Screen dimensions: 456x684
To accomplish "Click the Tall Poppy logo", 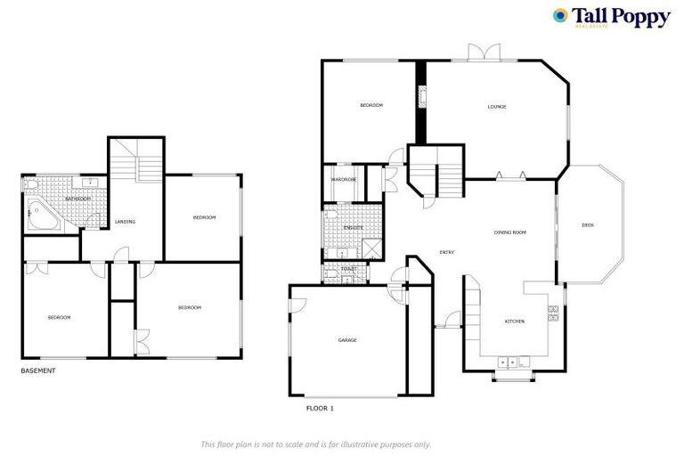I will [611, 18].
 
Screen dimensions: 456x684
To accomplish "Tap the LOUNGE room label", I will [496, 107].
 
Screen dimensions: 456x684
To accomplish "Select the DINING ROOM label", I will [510, 232].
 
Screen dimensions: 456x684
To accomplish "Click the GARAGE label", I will [346, 339].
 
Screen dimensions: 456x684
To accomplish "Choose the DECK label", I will [587, 224].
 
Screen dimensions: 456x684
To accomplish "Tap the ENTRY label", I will [447, 252].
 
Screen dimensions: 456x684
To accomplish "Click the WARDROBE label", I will [343, 179].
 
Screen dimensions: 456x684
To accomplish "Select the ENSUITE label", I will [353, 228].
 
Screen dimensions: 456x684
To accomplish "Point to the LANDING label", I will [125, 221].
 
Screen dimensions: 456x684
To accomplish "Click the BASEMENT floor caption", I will [37, 370].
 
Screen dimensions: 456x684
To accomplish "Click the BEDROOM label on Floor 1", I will [371, 105].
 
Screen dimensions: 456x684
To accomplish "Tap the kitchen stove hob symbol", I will [553, 312].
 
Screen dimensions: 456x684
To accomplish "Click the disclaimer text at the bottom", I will [315, 444].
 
